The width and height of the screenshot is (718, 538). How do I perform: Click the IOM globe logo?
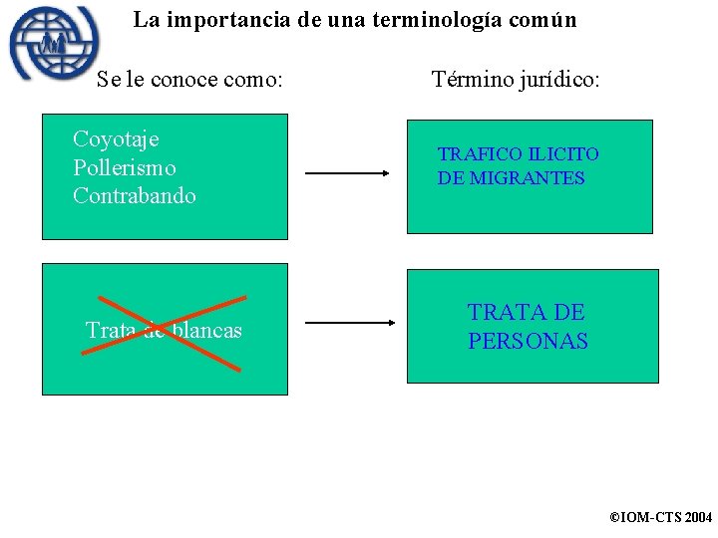pyautogui.click(x=54, y=44)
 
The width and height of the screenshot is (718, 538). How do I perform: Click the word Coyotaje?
pyautogui.click(x=116, y=139)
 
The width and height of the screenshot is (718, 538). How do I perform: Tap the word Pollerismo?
pyautogui.click(x=124, y=167)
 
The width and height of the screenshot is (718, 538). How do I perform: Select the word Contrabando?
pyautogui.click(x=135, y=195)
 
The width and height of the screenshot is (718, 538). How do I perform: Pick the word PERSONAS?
pyautogui.click(x=529, y=341)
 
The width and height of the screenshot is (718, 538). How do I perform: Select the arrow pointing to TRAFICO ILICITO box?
pyautogui.click(x=347, y=172)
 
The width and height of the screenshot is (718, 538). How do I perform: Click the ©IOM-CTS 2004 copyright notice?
pyautogui.click(x=660, y=518)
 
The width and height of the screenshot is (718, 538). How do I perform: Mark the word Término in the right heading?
pyautogui.click(x=471, y=79)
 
